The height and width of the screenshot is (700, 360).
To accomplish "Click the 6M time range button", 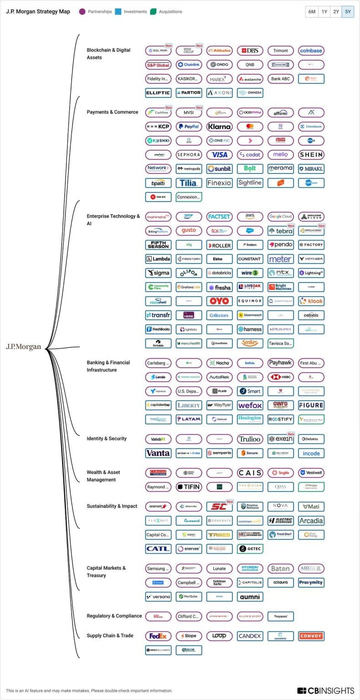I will (312, 12).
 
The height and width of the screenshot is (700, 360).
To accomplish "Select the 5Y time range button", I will (348, 12).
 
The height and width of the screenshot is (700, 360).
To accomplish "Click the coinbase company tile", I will (311, 51).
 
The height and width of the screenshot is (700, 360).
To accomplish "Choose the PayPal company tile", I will (189, 126).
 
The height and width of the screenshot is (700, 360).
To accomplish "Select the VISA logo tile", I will (219, 154).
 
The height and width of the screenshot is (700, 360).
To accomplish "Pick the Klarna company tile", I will (219, 126).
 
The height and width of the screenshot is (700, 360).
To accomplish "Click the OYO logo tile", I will (219, 301).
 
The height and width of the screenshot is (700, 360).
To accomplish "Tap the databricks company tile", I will (219, 273).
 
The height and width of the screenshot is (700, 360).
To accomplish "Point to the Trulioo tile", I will (250, 439).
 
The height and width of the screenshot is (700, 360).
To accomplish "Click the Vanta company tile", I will (158, 453).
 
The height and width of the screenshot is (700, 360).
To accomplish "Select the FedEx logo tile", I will (158, 636).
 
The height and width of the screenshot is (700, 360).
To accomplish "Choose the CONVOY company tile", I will (311, 636).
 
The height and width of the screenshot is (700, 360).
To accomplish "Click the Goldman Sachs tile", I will (219, 582).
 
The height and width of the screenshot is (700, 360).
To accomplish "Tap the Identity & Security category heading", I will (107, 438).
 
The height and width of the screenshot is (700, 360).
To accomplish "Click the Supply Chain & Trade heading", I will (110, 635).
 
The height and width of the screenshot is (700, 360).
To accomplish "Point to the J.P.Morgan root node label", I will (23, 347).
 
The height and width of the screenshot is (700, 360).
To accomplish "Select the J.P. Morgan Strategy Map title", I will (38, 12).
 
